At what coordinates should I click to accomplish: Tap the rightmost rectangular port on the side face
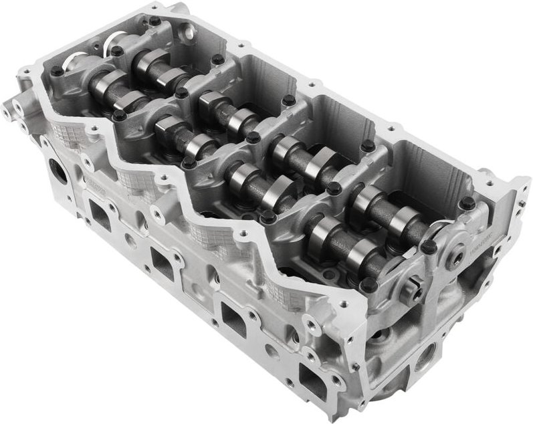coord(312,372)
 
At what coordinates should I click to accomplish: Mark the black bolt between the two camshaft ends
coord(428,247)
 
